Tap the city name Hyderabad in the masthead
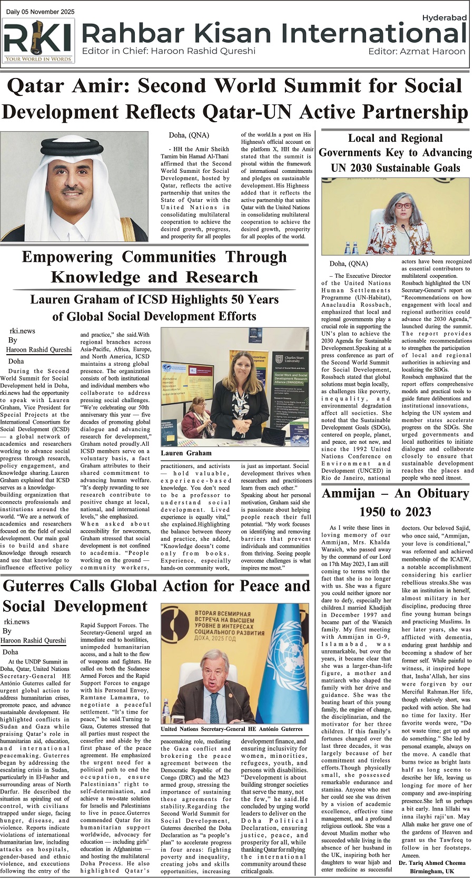click(x=444, y=17)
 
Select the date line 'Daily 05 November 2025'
click(x=41, y=12)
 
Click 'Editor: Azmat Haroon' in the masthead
click(x=417, y=51)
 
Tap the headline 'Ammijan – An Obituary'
click(x=394, y=493)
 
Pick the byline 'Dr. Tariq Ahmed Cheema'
click(x=432, y=863)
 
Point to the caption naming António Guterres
click(x=232, y=729)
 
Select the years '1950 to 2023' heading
click(x=394, y=512)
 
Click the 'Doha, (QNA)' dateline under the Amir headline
click(x=189, y=135)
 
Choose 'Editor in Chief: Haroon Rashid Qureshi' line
click(x=169, y=51)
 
